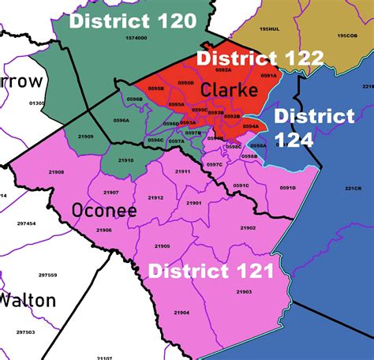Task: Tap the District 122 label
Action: click(260, 58)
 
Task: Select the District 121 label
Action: click(211, 272)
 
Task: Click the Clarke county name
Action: click(229, 90)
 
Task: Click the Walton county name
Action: click(28, 300)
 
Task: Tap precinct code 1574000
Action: click(136, 38)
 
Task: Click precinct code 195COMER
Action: click(347, 36)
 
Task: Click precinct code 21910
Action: click(125, 160)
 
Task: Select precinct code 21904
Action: click(182, 313)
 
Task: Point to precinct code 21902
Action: click(248, 228)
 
